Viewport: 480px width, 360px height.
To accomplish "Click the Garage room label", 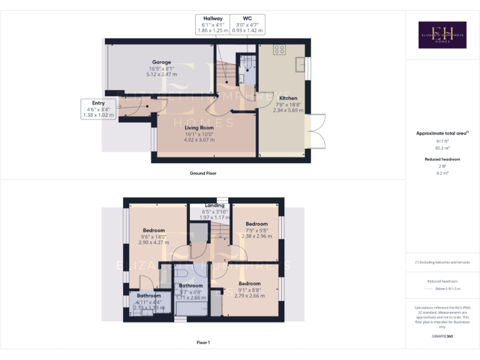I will [x=161, y=62].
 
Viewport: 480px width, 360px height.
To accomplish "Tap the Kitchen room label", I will [x=288, y=98].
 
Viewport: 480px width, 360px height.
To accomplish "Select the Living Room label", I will [x=199, y=128].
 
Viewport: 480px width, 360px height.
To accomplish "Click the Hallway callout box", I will [x=212, y=24].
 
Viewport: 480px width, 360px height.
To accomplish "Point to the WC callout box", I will [x=247, y=24].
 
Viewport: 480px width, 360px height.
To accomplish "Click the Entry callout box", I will [x=98, y=109].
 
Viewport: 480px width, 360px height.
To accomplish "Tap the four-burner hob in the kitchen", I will [x=279, y=49].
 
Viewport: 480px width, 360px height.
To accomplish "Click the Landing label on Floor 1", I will [x=215, y=206].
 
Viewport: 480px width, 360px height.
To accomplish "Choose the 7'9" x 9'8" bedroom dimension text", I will [x=256, y=231].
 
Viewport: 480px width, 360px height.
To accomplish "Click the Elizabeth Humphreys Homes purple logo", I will [x=442, y=34].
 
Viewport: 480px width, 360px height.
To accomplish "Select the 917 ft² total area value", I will [x=442, y=142].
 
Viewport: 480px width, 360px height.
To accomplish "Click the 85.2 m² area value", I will [x=442, y=149].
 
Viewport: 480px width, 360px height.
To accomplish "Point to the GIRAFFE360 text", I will [x=442, y=336].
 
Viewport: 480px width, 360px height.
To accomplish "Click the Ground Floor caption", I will [x=203, y=173].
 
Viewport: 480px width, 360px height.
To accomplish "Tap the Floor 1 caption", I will [x=203, y=342].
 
